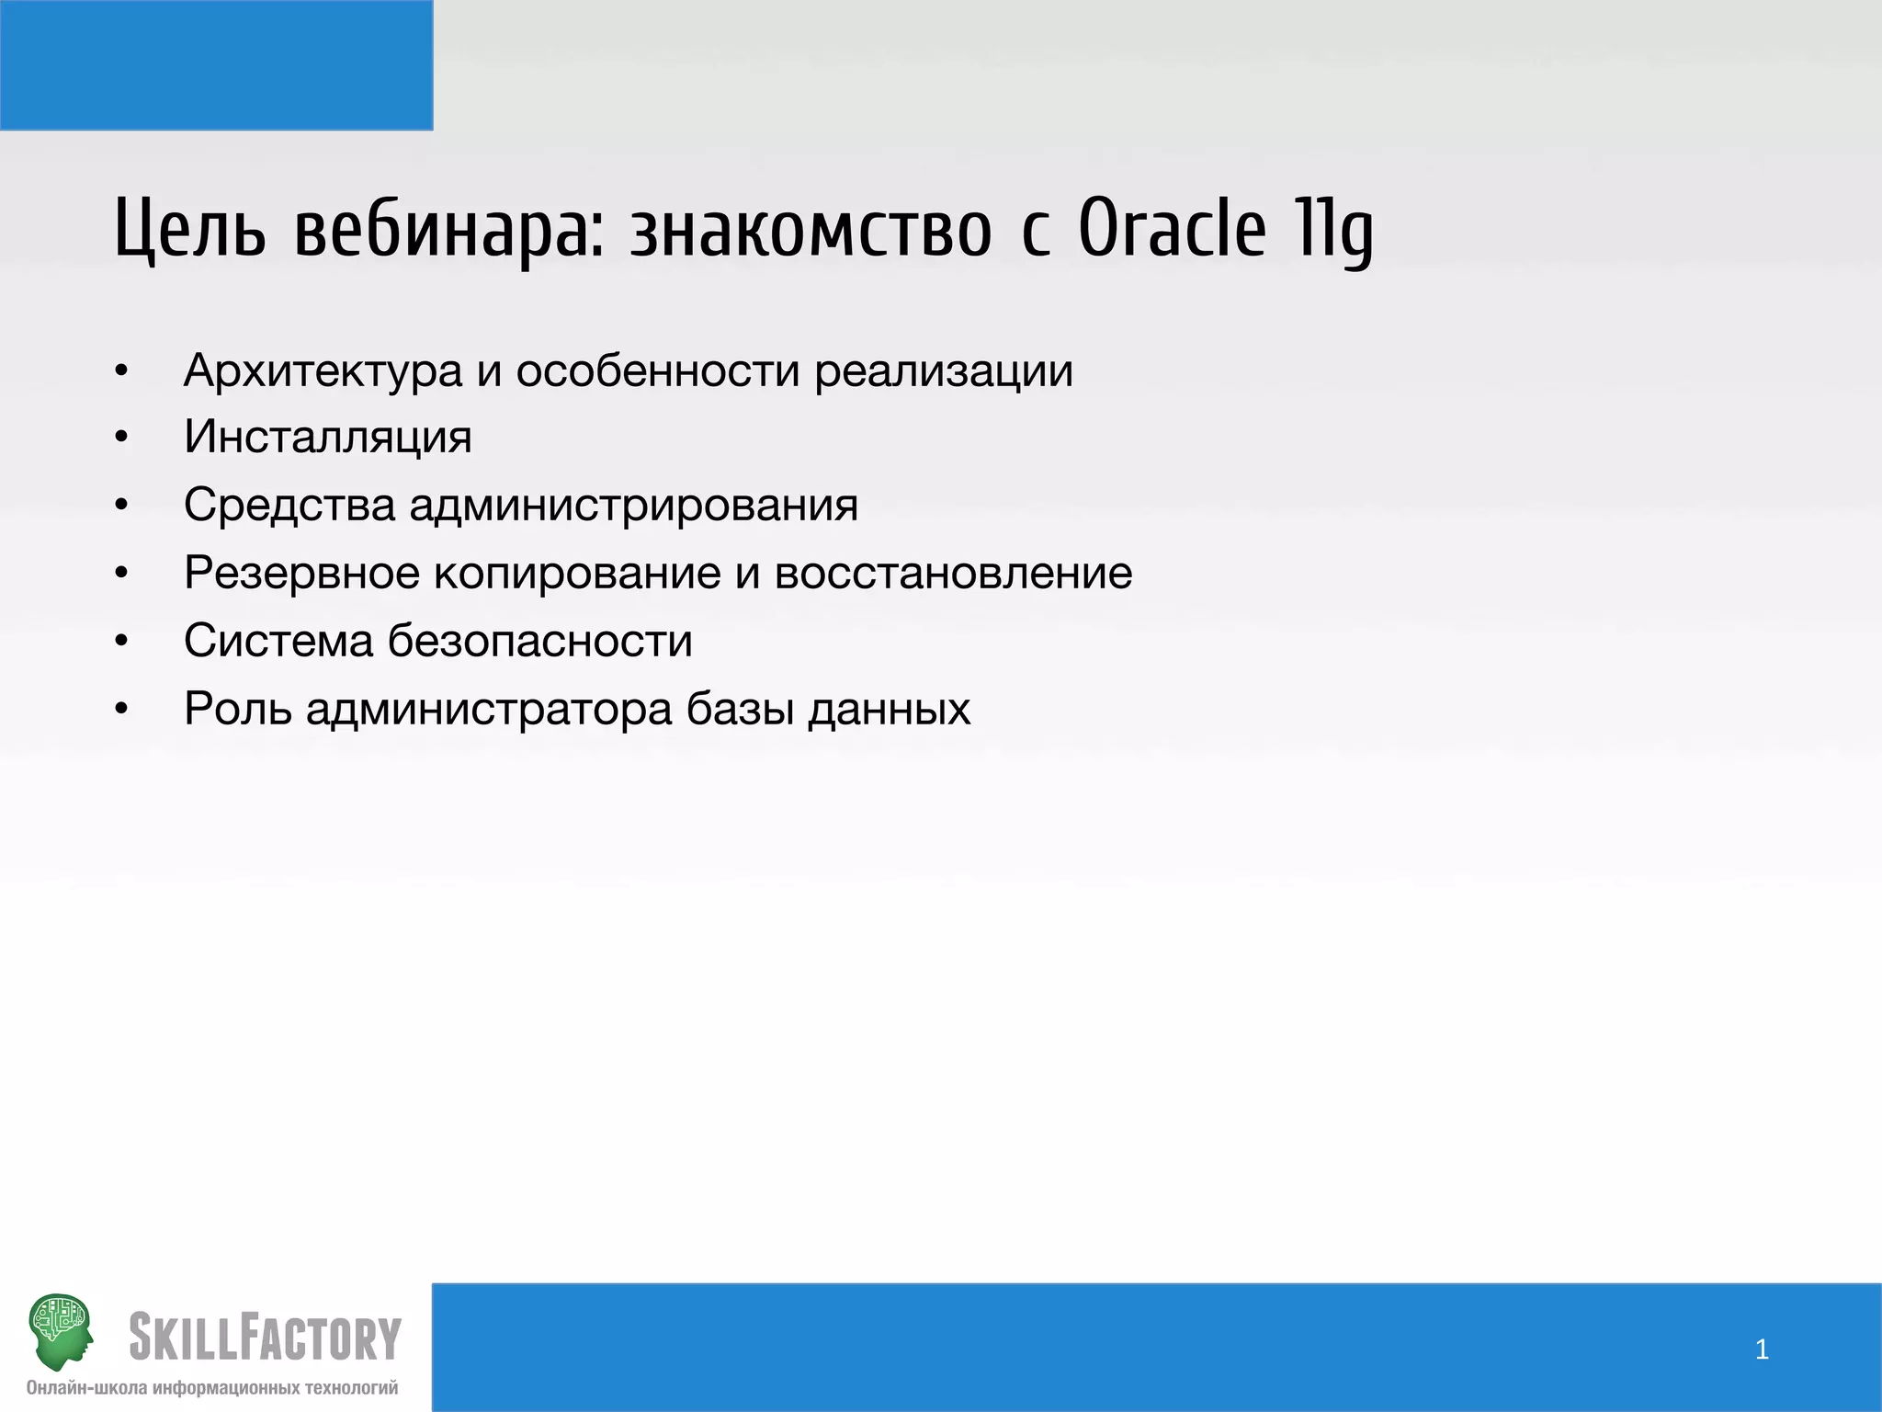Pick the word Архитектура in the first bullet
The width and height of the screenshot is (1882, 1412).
pyautogui.click(x=323, y=370)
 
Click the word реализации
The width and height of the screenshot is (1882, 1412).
pyautogui.click(x=944, y=370)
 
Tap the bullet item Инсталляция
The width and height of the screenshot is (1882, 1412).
pyautogui.click(x=327, y=437)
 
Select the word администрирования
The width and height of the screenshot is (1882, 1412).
pyautogui.click(x=633, y=505)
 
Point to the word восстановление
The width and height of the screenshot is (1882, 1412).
pyautogui.click(x=953, y=573)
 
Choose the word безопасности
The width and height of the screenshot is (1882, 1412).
pyautogui.click(x=539, y=641)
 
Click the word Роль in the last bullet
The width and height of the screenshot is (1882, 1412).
pyautogui.click(x=238, y=709)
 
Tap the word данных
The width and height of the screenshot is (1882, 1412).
pyautogui.click(x=889, y=709)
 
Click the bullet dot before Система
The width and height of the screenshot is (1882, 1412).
pyautogui.click(x=121, y=642)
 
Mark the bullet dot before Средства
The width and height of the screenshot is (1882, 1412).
pyautogui.click(x=121, y=506)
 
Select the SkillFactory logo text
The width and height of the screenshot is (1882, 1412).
pyautogui.click(x=265, y=1338)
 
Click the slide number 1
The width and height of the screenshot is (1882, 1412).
pyautogui.click(x=1762, y=1349)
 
